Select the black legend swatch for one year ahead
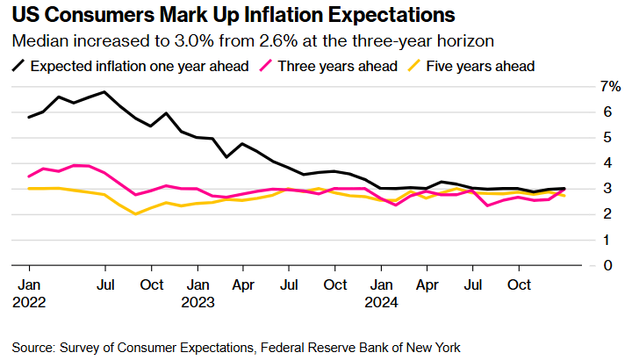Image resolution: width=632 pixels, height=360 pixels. [x=18, y=66]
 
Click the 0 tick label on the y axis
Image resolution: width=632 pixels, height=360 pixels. [x=605, y=265]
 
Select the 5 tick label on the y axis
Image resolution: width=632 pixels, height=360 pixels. [x=605, y=137]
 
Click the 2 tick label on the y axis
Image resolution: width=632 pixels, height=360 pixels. [x=605, y=214]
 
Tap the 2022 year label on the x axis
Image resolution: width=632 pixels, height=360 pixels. [x=29, y=301]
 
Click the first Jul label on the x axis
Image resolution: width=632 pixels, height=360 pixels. [x=104, y=285]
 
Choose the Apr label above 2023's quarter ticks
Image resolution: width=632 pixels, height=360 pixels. [x=243, y=285]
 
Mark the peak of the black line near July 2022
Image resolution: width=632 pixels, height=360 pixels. [x=104, y=91]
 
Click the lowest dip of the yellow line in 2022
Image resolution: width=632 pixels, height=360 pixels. [x=135, y=213]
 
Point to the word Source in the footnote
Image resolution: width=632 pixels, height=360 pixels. [x=35, y=346]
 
